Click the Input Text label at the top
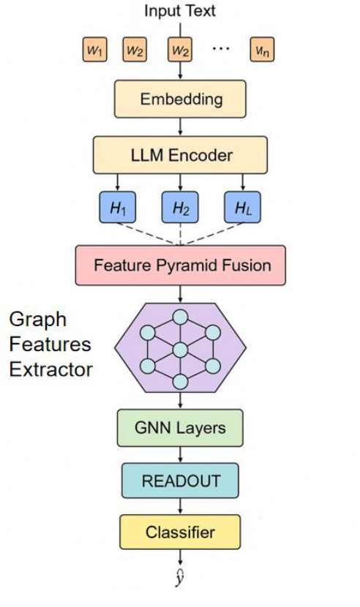point(180,11)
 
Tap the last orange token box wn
point(263,50)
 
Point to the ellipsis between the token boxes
point(220,49)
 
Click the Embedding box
point(180,99)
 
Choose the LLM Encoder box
point(180,154)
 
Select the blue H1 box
point(117,208)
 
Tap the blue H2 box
point(180,208)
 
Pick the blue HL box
point(242,208)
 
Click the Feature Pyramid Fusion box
point(180,265)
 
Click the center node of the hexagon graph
point(180,349)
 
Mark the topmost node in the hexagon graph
point(180,317)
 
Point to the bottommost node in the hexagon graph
point(180,381)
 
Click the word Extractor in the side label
point(51,369)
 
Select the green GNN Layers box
point(180,428)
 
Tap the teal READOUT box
point(180,480)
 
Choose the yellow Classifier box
point(180,531)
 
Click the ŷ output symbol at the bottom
point(180,579)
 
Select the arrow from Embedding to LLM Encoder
point(180,127)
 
